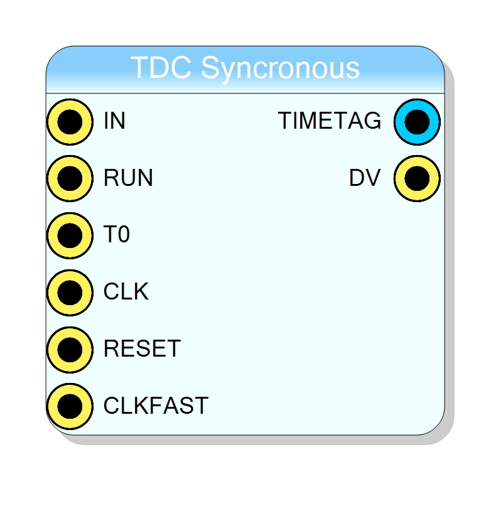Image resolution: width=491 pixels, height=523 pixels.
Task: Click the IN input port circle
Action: point(70,122)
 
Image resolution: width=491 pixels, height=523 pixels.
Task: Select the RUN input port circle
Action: point(70,178)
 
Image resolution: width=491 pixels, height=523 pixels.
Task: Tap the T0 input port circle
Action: point(70,235)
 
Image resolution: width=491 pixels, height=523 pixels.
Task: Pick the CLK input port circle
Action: point(70,293)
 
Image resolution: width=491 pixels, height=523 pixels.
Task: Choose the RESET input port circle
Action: point(70,350)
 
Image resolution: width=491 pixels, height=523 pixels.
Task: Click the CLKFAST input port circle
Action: point(70,406)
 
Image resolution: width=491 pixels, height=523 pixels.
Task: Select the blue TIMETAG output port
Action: point(417,122)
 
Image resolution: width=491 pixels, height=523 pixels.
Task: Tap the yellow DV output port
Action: point(417,178)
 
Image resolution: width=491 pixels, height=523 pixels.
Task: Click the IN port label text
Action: point(114,121)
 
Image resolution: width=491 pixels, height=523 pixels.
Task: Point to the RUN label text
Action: point(128,178)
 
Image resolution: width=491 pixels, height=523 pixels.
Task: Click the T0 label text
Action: point(116,234)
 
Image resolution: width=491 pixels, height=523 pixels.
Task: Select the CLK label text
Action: point(126,291)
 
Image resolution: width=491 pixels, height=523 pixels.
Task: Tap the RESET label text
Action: point(142,348)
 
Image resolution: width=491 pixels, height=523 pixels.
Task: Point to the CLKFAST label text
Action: point(156,405)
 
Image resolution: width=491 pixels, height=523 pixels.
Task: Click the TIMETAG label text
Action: point(330,121)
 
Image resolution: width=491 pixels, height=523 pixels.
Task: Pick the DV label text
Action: point(365,178)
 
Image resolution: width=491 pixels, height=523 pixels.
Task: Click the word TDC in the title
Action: point(161,67)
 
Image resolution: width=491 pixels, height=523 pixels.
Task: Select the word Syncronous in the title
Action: point(280,69)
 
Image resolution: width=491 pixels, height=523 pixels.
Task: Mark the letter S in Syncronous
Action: point(210,67)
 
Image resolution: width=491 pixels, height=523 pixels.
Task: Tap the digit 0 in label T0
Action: point(124,234)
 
